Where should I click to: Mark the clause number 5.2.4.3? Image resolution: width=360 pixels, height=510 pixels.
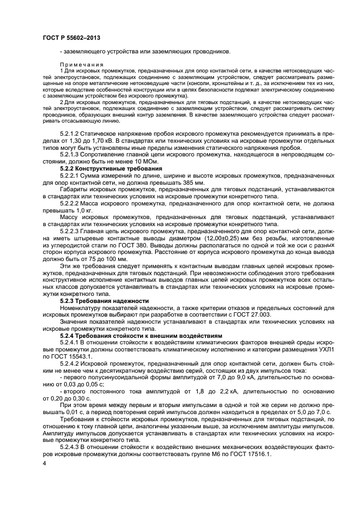[72, 443]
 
